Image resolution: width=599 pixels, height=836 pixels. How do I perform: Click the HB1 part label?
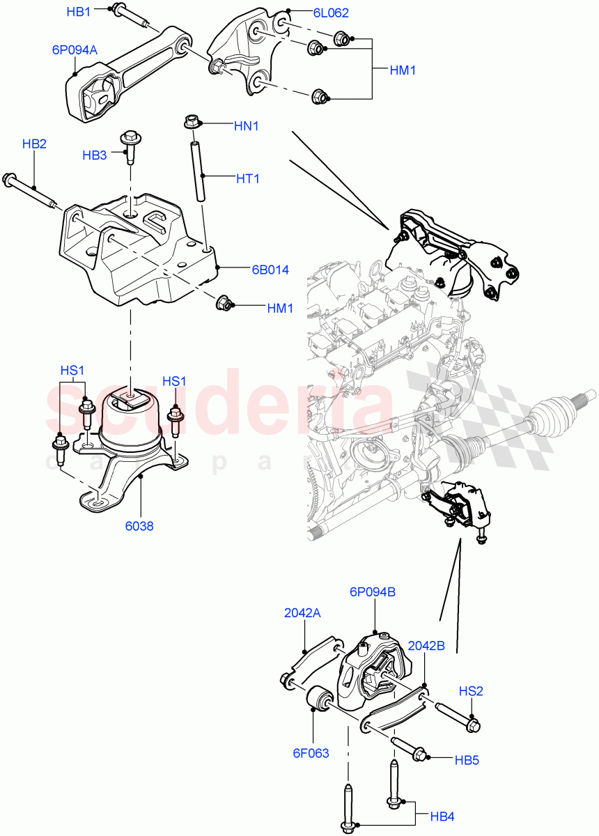coord(78,12)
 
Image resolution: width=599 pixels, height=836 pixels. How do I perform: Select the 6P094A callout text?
coord(75,50)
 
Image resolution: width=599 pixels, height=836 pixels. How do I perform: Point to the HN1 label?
coord(247,126)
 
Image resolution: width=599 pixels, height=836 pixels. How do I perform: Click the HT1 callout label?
coord(247,179)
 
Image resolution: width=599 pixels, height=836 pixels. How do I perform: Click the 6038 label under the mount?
coord(139,526)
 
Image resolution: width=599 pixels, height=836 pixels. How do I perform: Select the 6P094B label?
coord(372,591)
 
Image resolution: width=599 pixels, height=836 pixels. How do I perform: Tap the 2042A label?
coord(302,613)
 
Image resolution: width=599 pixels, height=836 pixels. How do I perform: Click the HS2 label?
coord(471,691)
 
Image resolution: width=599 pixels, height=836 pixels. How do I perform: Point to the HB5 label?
coord(466,760)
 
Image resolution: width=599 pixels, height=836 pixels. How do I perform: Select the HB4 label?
coord(443,816)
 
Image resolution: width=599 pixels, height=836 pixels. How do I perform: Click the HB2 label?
coord(34,144)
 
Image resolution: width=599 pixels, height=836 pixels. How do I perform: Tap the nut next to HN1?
coord(192,123)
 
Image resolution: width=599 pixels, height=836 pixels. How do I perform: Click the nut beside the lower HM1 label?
coord(224,303)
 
